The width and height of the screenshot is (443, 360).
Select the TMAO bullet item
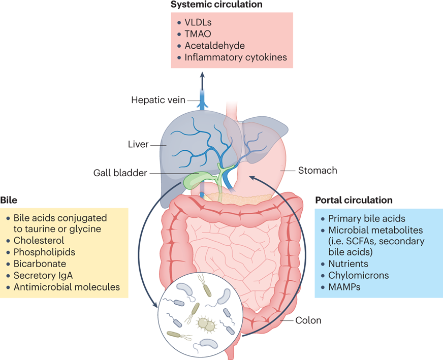coord(198,35)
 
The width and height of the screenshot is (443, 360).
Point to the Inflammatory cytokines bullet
coord(235,57)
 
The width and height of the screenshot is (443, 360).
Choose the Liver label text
coord(138,144)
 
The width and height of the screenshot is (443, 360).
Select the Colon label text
coord(309,320)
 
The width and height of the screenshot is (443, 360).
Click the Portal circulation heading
coord(354,200)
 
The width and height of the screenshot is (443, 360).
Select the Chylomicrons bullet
coord(358,275)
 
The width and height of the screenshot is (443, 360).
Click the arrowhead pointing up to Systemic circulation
coord(203,74)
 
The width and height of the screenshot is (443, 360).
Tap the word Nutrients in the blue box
coord(348,264)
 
